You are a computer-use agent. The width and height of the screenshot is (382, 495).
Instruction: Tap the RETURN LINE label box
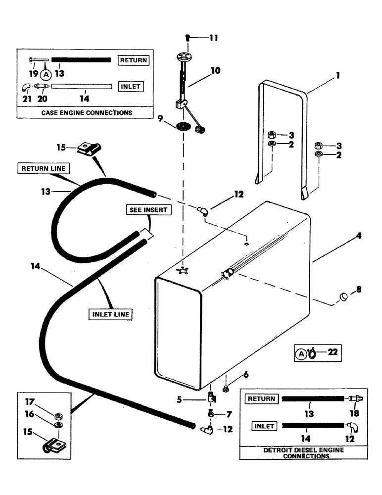(43, 168)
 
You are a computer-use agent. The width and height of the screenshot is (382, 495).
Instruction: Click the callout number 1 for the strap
(338, 77)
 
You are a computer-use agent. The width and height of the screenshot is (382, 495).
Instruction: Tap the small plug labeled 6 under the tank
(225, 388)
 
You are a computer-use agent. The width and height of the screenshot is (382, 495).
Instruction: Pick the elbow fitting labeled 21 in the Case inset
(25, 87)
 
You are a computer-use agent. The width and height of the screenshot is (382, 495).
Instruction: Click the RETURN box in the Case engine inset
(133, 60)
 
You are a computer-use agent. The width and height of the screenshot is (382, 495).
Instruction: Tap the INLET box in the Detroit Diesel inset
(264, 425)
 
